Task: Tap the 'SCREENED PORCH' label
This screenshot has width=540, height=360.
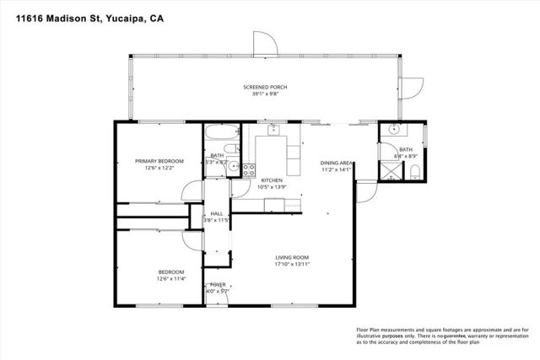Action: [x=261, y=88]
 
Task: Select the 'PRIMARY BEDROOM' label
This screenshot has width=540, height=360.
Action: [x=159, y=160]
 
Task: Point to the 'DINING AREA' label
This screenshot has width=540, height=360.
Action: [x=336, y=163]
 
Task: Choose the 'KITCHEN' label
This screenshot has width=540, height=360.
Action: [x=271, y=180]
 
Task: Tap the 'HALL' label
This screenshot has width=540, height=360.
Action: [x=217, y=214]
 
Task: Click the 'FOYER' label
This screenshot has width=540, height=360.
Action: [x=218, y=285]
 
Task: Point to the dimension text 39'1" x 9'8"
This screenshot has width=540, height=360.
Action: [x=261, y=94]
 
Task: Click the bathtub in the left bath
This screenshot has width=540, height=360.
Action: [x=221, y=135]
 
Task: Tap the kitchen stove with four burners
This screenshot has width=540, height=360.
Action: [x=249, y=169]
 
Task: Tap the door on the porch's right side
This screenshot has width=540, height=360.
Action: [x=413, y=87]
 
